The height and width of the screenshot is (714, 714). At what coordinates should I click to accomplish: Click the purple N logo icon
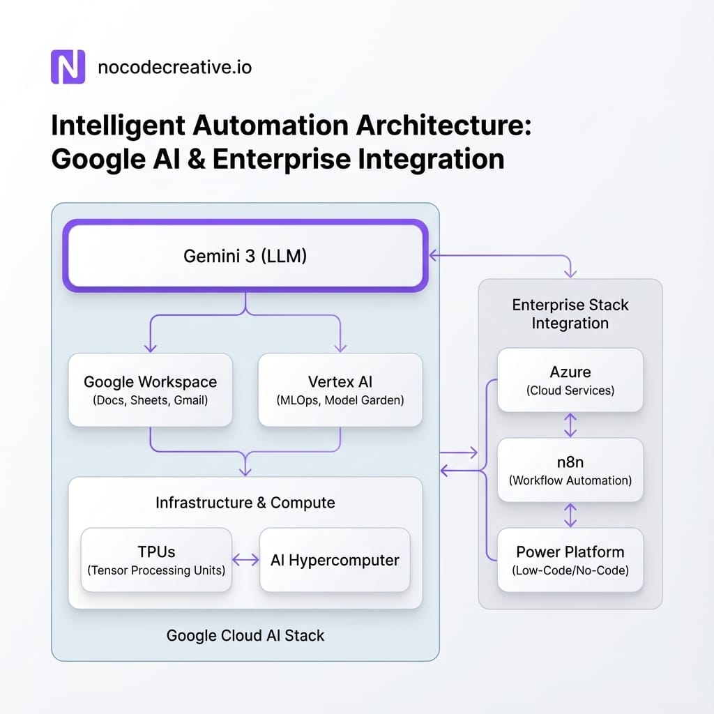(x=68, y=67)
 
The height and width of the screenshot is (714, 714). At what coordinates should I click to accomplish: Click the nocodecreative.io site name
(x=175, y=68)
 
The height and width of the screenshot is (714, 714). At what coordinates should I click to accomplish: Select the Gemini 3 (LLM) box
(x=245, y=256)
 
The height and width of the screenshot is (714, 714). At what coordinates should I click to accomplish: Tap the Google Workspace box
(x=150, y=390)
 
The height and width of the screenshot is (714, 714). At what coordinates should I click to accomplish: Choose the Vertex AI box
(x=340, y=390)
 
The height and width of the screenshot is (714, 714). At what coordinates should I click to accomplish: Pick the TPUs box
(x=156, y=561)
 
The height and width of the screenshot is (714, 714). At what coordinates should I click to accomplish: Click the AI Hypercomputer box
(x=335, y=561)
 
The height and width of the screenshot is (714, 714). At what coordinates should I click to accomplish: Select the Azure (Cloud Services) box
(x=570, y=381)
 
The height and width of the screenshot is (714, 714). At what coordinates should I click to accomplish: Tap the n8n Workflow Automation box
(x=570, y=470)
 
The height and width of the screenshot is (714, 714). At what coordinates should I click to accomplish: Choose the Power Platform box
(x=570, y=559)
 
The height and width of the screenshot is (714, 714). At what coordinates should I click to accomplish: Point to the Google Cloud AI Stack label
(x=245, y=635)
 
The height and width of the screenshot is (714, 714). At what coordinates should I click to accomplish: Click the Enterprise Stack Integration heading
(x=570, y=314)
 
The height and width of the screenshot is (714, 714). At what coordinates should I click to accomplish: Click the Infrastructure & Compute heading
(x=245, y=503)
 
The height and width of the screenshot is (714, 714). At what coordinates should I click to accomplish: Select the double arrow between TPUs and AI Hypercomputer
(x=245, y=560)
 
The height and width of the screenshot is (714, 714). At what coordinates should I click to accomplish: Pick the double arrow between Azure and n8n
(x=570, y=425)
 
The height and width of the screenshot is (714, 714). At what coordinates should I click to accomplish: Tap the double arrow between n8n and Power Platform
(x=570, y=515)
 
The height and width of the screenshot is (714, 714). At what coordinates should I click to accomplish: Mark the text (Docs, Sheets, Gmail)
(x=150, y=400)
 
